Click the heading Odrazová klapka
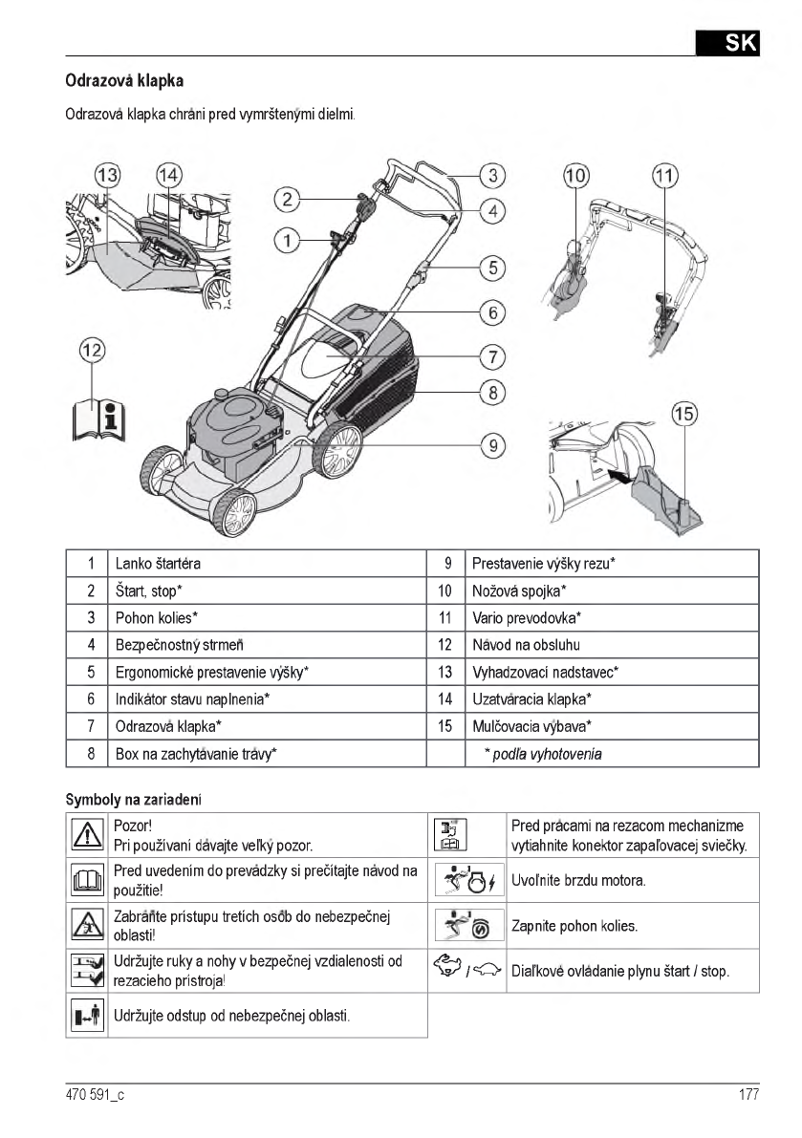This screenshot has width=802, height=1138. point(123,81)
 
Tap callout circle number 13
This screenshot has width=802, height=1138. point(107,175)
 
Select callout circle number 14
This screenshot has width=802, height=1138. point(168,175)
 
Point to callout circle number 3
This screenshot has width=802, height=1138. point(491,175)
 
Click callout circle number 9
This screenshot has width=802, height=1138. point(491,444)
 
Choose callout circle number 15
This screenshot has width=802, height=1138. point(683,414)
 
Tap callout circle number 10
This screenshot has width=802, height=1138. point(576,175)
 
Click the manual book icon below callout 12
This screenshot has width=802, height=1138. point(98,416)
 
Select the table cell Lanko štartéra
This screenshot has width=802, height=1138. point(158,564)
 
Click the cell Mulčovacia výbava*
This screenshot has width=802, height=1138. point(531,726)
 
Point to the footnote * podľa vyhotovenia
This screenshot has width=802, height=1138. point(543,754)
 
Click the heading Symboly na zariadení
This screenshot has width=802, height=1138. point(133,798)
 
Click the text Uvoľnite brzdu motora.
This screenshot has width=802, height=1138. point(578,880)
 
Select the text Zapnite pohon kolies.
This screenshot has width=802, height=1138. point(574,926)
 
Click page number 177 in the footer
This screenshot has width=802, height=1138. point(748,1095)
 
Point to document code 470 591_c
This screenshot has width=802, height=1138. point(95,1095)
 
